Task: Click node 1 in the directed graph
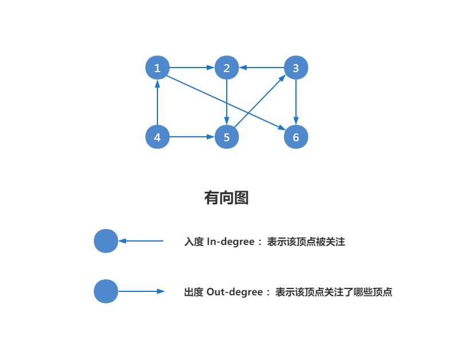157,68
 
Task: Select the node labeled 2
227,68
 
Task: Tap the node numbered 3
296,68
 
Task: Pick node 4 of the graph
157,137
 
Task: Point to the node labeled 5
227,137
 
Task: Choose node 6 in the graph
296,137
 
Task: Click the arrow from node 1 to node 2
192,68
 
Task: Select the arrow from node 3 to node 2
262,68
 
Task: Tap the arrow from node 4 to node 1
157,103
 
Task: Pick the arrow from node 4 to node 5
192,137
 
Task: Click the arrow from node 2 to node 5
227,103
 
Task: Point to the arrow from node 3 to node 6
296,103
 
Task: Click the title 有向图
226,198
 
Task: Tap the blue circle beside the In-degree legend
106,241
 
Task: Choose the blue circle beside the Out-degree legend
106,291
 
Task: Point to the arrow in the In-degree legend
141,241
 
